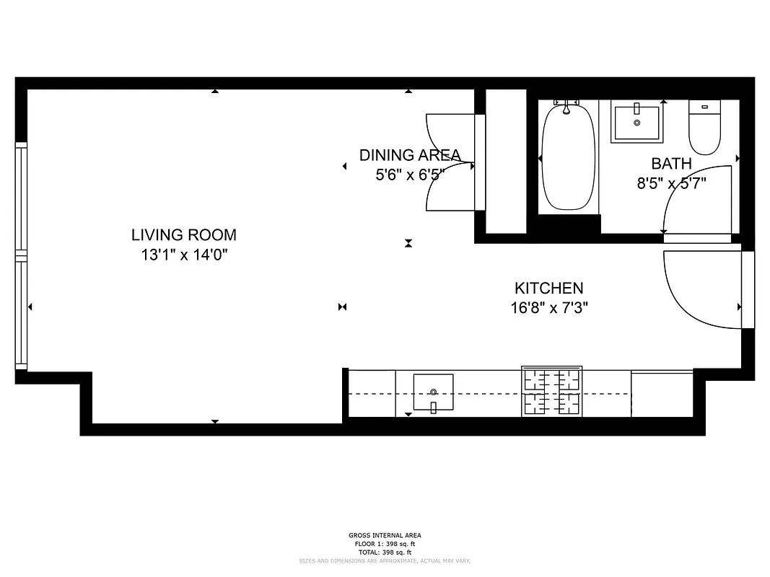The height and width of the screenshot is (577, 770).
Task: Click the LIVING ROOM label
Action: tap(183, 234)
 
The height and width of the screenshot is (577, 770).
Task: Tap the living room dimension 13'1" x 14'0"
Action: tap(183, 254)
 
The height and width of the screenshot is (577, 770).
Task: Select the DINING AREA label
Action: tap(409, 154)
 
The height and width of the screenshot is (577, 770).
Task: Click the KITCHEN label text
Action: tap(548, 288)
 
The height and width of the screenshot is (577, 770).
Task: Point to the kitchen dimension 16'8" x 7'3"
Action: tap(548, 308)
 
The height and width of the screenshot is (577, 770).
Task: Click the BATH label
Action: tap(670, 164)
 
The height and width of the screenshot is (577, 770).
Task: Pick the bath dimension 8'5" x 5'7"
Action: tap(670, 183)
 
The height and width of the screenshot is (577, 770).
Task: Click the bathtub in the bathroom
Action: tap(569, 157)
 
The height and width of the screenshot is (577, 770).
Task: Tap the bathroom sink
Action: tap(636, 123)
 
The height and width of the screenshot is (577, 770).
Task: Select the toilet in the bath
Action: tap(704, 128)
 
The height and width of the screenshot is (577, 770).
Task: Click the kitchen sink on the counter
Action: tap(433, 392)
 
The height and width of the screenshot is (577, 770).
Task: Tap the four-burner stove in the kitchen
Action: tap(551, 393)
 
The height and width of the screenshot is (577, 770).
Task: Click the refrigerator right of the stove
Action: tap(662, 394)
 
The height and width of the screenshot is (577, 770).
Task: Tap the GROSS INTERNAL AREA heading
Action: tap(385, 535)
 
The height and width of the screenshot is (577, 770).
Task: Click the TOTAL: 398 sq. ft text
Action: tap(385, 552)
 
